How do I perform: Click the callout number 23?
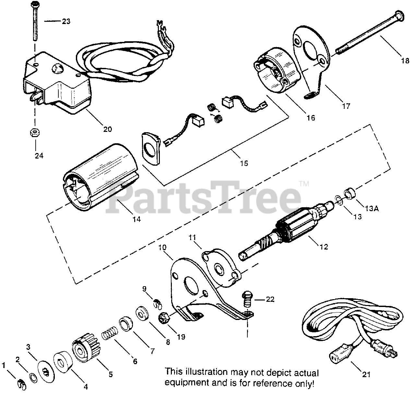click(x=66, y=21)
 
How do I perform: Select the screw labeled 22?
click(x=247, y=299)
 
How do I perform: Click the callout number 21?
click(x=366, y=375)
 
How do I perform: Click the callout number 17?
click(x=346, y=106)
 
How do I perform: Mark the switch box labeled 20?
click(x=58, y=84)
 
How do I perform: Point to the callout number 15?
click(x=244, y=163)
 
